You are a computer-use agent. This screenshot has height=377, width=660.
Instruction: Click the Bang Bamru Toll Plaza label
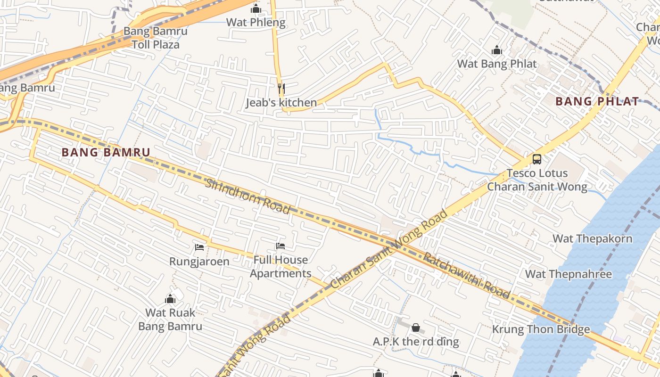[x=155, y=38]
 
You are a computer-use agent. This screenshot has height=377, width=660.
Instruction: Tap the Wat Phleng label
[x=256, y=22]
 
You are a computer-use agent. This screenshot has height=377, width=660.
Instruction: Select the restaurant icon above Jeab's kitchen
[x=281, y=88]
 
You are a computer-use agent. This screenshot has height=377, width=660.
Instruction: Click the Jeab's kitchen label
[x=281, y=102]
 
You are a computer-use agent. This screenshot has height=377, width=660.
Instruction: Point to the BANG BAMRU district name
[x=106, y=152]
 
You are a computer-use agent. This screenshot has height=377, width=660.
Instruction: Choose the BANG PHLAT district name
[x=597, y=101]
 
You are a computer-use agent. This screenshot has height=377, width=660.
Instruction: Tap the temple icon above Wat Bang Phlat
[x=497, y=50]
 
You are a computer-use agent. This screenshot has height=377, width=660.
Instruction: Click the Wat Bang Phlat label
[x=497, y=64]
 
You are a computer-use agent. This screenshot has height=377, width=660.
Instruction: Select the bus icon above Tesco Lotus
[x=537, y=159]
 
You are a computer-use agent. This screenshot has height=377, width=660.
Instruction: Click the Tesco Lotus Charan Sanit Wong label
[x=537, y=180]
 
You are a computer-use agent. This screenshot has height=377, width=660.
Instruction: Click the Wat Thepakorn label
[x=593, y=238]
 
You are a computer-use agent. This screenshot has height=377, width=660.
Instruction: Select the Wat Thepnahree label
[x=569, y=274]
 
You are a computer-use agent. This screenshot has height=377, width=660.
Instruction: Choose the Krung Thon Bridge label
[x=541, y=329]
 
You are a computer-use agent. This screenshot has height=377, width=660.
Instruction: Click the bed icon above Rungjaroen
[x=199, y=247]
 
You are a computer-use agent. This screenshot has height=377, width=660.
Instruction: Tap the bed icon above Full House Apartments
[x=280, y=246]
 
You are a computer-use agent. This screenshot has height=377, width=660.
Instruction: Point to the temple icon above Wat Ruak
[x=170, y=299]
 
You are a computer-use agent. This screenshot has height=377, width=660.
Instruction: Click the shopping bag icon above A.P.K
[x=416, y=328]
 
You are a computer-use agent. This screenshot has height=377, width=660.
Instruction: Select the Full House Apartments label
[x=280, y=267]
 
